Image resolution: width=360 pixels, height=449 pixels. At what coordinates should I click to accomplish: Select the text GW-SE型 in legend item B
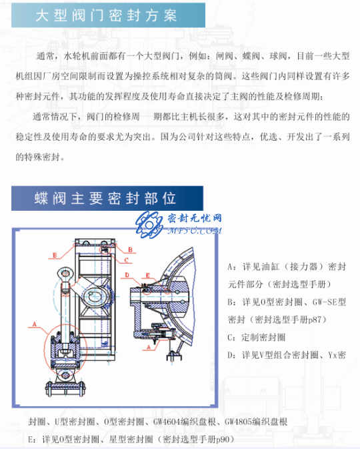click(329, 302)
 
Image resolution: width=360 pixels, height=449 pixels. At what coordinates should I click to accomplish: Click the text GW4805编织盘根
click(256, 422)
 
